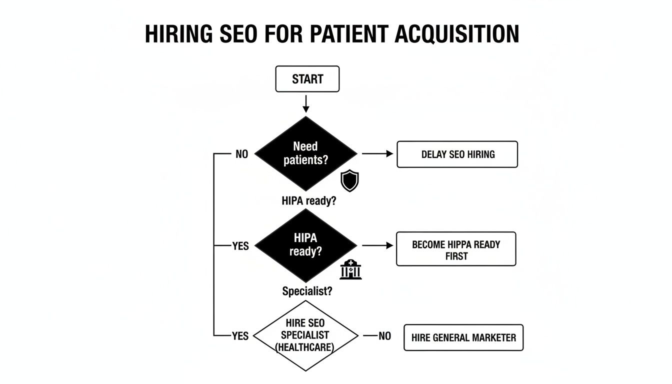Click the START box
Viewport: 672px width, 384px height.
coord(307,79)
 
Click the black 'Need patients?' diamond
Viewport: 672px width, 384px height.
coord(305,153)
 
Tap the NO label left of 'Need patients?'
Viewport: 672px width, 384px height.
coord(241,154)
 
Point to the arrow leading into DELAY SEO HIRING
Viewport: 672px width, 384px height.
coord(377,154)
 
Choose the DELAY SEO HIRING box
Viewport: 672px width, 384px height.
coord(457,154)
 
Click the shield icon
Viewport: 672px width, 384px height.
coord(349,180)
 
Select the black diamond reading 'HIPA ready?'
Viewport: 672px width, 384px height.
coord(305,245)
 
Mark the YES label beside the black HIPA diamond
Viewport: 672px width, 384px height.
coord(240,246)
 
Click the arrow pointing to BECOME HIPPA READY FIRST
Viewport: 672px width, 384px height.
coord(377,245)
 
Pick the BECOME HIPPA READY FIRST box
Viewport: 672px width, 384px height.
coord(455,249)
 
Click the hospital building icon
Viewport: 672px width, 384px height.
coord(350,269)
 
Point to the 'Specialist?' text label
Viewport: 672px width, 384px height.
coord(306,291)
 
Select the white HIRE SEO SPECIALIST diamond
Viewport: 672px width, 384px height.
coord(305,335)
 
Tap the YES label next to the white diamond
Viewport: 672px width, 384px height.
coord(240,336)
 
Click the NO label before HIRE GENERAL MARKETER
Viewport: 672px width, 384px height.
coord(384,336)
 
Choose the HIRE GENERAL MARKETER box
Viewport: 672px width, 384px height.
coord(463,337)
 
